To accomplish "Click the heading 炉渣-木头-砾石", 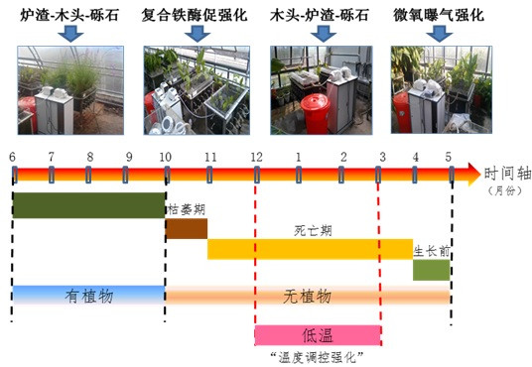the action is [x=69, y=15].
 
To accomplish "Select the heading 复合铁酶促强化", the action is [x=195, y=15].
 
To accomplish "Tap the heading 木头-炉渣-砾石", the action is [x=320, y=15].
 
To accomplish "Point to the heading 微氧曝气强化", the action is [x=439, y=15].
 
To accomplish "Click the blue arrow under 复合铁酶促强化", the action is [x=198, y=34].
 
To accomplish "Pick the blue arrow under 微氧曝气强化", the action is [x=440, y=34].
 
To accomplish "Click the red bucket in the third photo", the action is [x=316, y=114].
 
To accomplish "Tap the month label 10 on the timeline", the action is [x=166, y=157].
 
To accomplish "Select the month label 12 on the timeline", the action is [x=256, y=157].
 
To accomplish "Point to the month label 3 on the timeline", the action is [x=383, y=157].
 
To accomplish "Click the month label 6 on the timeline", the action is [x=12, y=157].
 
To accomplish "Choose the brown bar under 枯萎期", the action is [x=187, y=228].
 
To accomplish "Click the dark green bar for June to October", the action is [x=89, y=205].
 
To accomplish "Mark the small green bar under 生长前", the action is [x=431, y=270].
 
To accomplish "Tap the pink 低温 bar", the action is [x=318, y=335].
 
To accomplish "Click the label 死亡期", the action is [x=313, y=231].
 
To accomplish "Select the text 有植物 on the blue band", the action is [x=89, y=297].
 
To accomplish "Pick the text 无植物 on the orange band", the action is [x=308, y=297].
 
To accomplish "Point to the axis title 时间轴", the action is [x=507, y=174].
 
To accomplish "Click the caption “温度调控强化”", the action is [x=317, y=358].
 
